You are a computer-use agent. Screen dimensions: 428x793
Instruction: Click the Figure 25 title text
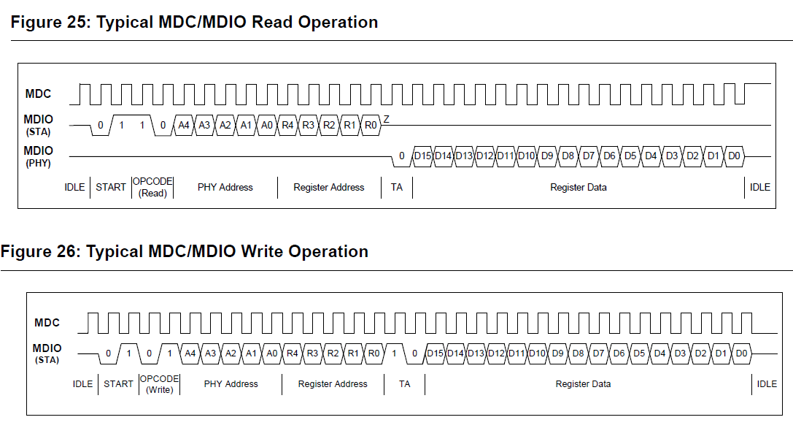pyautogui.click(x=194, y=23)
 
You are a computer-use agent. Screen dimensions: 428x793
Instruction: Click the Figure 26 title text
pyautogui.click(x=185, y=252)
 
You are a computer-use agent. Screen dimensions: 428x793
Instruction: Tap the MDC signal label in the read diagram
pyautogui.click(x=39, y=93)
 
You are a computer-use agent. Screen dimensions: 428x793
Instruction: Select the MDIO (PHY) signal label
pyautogui.click(x=39, y=156)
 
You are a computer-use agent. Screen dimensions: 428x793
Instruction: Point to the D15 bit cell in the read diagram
pyautogui.click(x=422, y=156)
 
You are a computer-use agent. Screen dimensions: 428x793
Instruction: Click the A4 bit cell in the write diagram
pyautogui.click(x=190, y=354)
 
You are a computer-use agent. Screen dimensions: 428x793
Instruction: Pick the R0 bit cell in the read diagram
pyautogui.click(x=371, y=125)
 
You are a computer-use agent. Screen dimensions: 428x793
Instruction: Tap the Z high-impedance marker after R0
pyautogui.click(x=387, y=119)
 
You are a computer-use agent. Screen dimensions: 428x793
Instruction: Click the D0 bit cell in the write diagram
pyautogui.click(x=741, y=354)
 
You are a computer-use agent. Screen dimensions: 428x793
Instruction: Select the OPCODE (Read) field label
pyautogui.click(x=152, y=187)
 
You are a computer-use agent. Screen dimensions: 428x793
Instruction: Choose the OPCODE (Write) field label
pyautogui.click(x=160, y=384)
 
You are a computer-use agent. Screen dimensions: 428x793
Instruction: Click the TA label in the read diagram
pyautogui.click(x=396, y=188)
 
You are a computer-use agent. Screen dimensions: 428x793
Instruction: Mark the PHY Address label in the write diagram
pyautogui.click(x=231, y=384)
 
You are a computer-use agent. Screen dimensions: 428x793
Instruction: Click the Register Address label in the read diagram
pyautogui.click(x=328, y=188)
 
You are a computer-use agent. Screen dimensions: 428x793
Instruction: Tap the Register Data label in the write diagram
pyautogui.click(x=583, y=384)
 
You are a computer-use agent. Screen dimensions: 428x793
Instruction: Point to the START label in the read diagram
pyautogui.click(x=111, y=188)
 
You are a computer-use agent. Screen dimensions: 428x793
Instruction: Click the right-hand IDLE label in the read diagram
pyautogui.click(x=760, y=188)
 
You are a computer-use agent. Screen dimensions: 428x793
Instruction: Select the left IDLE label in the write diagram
pyautogui.click(x=83, y=384)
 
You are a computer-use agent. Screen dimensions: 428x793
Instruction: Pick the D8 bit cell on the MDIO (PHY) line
pyautogui.click(x=568, y=156)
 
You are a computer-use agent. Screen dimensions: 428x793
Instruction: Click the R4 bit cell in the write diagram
pyautogui.click(x=293, y=354)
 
